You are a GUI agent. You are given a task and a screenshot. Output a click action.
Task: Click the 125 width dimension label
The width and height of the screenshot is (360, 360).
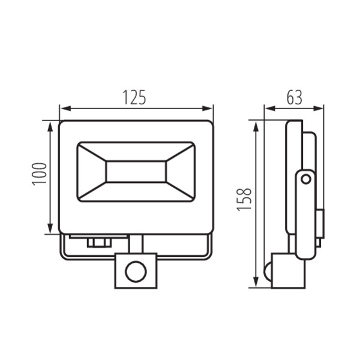135,97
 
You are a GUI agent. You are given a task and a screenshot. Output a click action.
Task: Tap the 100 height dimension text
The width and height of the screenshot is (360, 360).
40,174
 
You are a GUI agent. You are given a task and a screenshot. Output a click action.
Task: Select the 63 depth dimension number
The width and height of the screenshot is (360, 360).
293,97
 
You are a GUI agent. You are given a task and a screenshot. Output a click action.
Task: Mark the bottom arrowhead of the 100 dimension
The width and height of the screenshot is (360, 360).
49,230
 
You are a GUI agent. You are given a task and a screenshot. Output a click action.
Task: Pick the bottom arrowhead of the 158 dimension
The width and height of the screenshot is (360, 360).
256,286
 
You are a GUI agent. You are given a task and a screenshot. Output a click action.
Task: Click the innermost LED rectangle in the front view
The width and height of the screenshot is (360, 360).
136,171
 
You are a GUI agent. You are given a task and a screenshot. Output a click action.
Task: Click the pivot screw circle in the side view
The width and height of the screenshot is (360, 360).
305,179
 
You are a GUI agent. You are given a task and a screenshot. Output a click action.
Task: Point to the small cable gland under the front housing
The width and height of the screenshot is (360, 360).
98,242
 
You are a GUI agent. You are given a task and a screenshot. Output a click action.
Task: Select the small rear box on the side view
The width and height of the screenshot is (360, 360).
320,223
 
